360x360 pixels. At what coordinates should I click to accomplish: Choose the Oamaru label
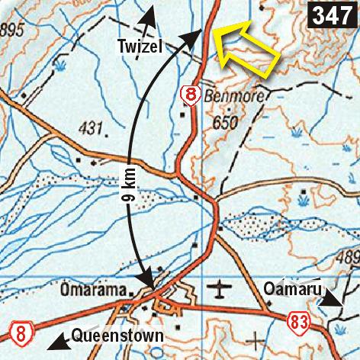[288, 290]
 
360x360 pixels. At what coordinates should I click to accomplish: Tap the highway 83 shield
[297, 323]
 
